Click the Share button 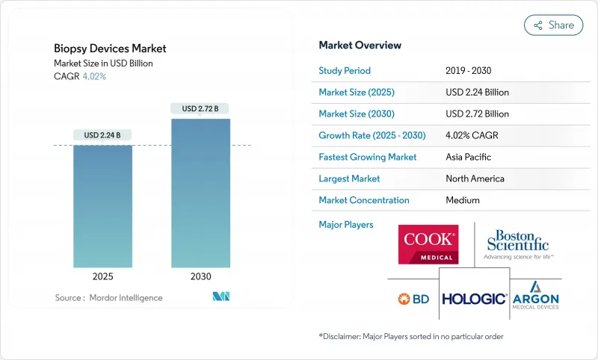pos(554,25)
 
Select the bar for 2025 pos(102,205)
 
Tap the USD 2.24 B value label pos(102,135)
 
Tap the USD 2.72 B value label pos(200,108)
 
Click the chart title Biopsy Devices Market pos(110,49)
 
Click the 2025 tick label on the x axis pos(102,276)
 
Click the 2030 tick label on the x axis pos(200,276)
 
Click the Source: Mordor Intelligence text pos(108,297)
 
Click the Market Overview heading pos(360,46)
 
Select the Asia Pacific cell pos(469,158)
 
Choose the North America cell pos(474,179)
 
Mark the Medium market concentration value pos(462,200)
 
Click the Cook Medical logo pos(428,244)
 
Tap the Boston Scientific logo pos(517,243)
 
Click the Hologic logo pos(474,299)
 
